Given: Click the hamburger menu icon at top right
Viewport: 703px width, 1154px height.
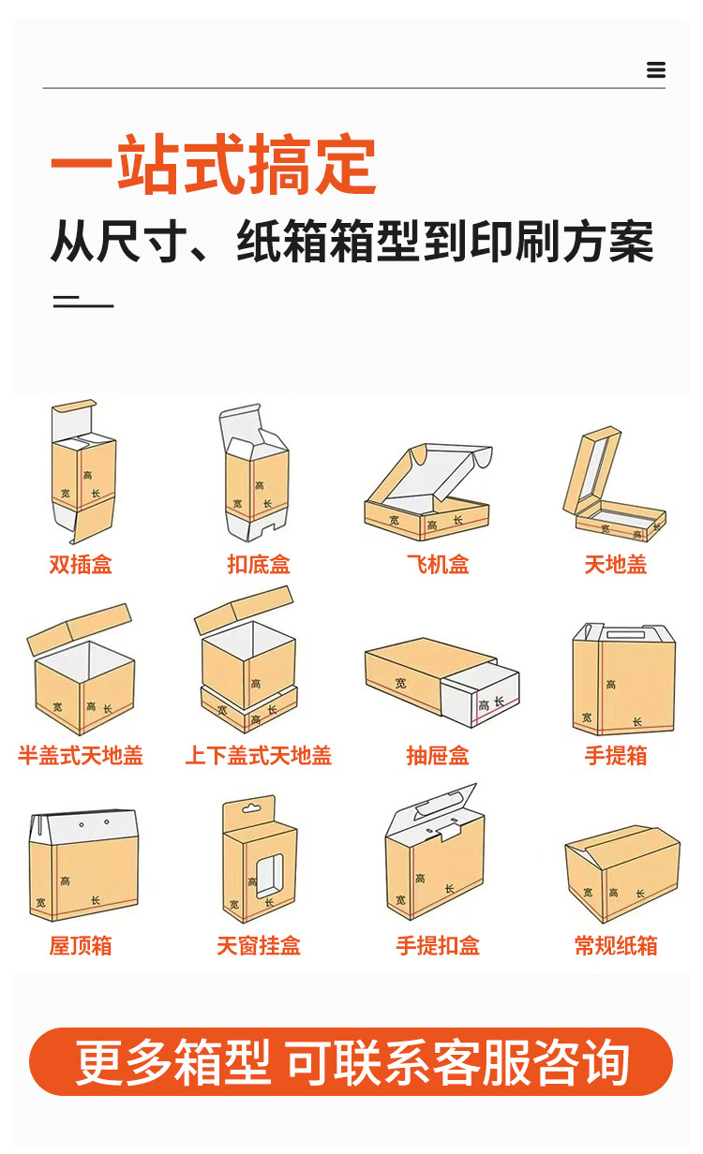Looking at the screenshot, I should [x=656, y=70].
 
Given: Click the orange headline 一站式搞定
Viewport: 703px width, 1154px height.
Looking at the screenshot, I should [x=214, y=166].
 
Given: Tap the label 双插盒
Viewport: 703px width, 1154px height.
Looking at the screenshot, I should [x=81, y=565].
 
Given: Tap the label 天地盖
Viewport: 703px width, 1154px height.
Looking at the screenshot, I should [x=616, y=565].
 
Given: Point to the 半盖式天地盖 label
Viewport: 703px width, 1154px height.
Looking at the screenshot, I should [x=81, y=756].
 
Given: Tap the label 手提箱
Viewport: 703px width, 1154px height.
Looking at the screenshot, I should [x=616, y=756].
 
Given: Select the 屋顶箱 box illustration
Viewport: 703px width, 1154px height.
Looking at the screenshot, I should [x=83, y=865].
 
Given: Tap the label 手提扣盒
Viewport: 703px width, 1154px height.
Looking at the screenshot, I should [x=438, y=946].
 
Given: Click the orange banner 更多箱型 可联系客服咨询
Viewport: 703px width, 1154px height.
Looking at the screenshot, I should [x=351, y=1062].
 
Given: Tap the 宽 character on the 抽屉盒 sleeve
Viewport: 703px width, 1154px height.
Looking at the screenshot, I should [x=401, y=683].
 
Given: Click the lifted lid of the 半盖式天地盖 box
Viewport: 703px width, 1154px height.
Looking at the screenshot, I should [x=79, y=629].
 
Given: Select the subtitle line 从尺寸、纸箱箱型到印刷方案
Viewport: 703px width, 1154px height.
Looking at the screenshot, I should [x=351, y=243].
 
